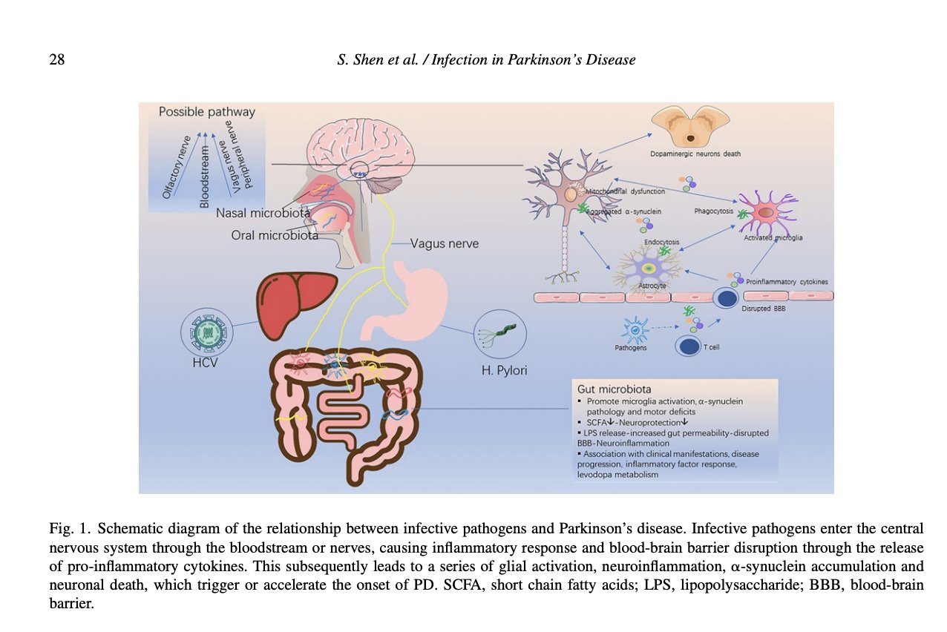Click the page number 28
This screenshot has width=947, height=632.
click(x=56, y=59)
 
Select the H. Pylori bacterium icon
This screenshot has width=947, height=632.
click(x=499, y=335)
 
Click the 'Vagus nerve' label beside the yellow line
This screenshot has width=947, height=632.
click(x=445, y=243)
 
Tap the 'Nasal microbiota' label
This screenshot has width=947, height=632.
click(x=263, y=214)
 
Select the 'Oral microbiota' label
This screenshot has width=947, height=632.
click(x=274, y=236)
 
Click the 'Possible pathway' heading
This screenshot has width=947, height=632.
click(x=206, y=112)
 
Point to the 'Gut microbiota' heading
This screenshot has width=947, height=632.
click(x=613, y=389)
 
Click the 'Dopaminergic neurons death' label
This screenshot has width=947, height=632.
click(x=690, y=154)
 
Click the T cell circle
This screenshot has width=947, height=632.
click(x=689, y=346)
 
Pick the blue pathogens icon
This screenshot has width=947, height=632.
click(x=635, y=327)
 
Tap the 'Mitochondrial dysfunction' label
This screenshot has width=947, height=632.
click(x=625, y=191)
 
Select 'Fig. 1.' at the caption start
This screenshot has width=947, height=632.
click(x=70, y=529)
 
